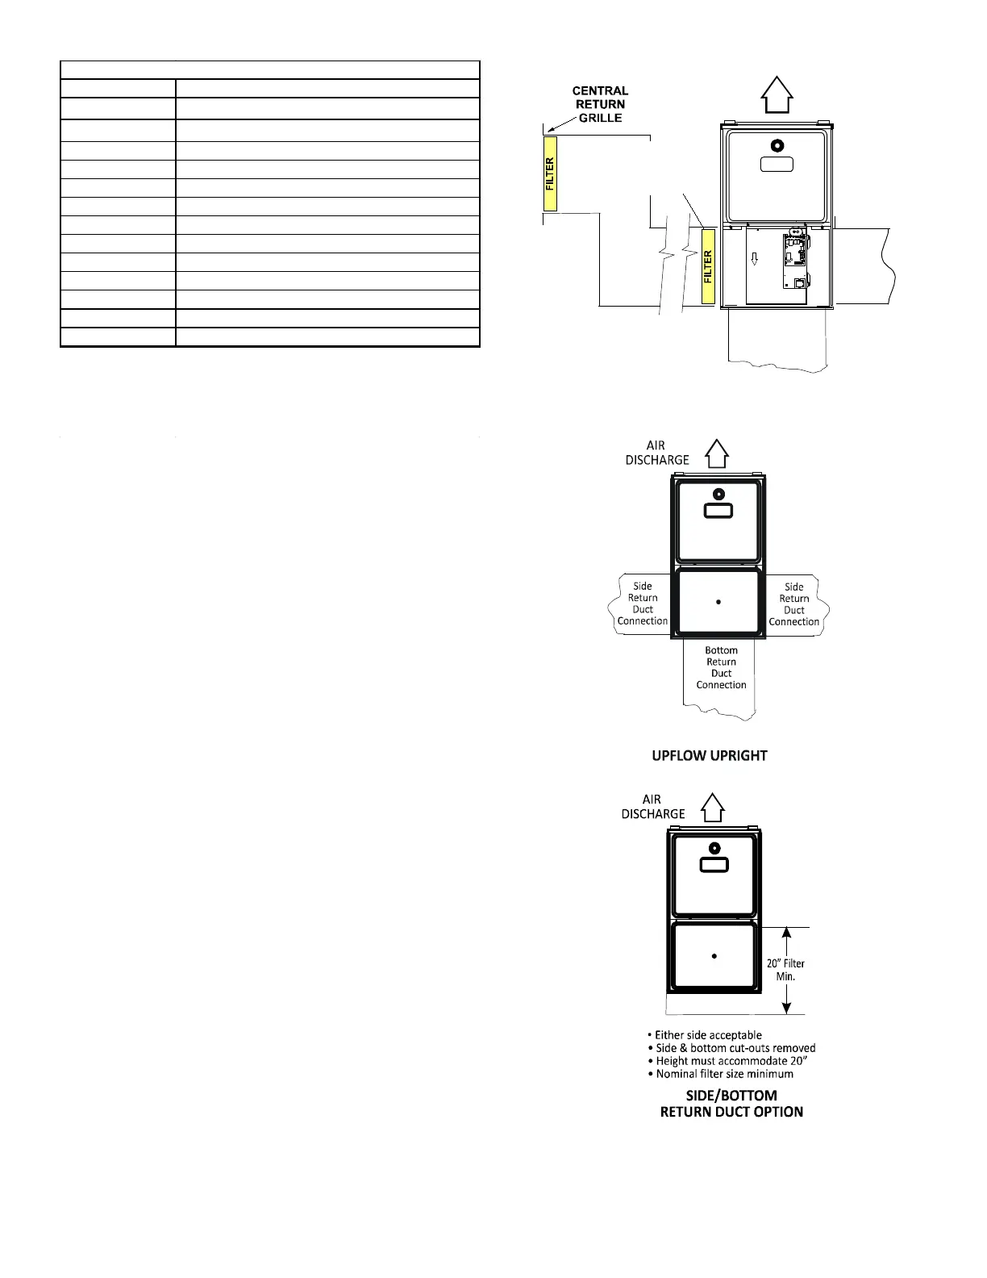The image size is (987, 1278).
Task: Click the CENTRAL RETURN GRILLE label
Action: (600, 104)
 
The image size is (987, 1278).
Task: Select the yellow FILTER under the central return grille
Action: (550, 173)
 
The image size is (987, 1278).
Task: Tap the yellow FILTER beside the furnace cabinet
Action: (708, 266)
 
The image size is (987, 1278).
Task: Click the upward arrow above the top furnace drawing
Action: (777, 94)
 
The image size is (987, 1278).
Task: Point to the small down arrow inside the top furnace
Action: (755, 258)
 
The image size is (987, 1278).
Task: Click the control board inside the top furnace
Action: (796, 261)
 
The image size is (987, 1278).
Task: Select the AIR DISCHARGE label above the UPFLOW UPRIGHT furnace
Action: (656, 453)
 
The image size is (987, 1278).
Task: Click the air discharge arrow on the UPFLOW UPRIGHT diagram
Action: (717, 453)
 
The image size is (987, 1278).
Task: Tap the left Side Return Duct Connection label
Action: (643, 603)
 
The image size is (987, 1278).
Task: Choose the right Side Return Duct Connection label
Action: (793, 604)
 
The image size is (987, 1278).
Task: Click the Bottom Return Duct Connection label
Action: (721, 667)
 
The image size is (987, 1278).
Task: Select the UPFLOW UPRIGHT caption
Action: (710, 756)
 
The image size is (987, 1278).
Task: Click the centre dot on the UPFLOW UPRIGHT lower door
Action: (718, 602)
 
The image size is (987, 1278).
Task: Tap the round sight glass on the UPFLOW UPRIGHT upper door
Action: (718, 495)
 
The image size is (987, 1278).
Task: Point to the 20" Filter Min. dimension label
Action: (785, 970)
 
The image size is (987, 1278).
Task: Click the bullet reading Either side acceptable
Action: (704, 1035)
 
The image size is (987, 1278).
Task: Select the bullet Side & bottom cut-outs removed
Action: (731, 1048)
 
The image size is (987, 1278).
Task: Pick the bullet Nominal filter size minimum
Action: (720, 1074)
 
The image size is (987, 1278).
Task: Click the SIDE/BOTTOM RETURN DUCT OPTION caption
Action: (731, 1104)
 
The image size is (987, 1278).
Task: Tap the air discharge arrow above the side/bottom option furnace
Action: (713, 808)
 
